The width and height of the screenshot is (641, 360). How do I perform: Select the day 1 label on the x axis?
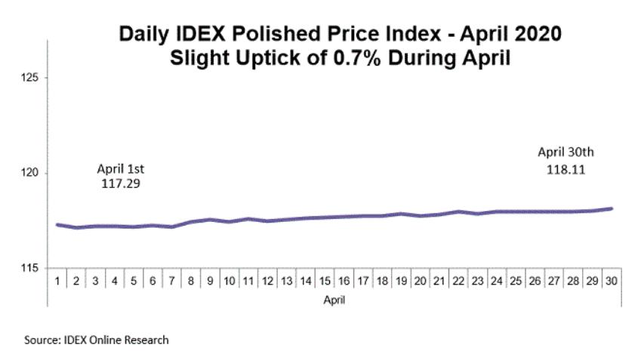click(58, 281)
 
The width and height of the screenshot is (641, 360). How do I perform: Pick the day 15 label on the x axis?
click(325, 281)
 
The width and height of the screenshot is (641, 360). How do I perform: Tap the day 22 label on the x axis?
click(458, 281)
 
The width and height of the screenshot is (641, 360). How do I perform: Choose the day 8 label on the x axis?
click(191, 281)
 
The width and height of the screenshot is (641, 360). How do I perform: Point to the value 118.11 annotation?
click(566, 170)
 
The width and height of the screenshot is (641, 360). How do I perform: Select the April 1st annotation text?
click(120, 168)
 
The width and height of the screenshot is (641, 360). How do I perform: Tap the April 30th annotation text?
click(566, 155)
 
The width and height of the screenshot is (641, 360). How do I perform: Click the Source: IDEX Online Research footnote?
click(97, 340)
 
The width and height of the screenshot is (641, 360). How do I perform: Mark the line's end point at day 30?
click(610, 208)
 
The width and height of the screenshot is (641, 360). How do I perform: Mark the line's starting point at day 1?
click(58, 224)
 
